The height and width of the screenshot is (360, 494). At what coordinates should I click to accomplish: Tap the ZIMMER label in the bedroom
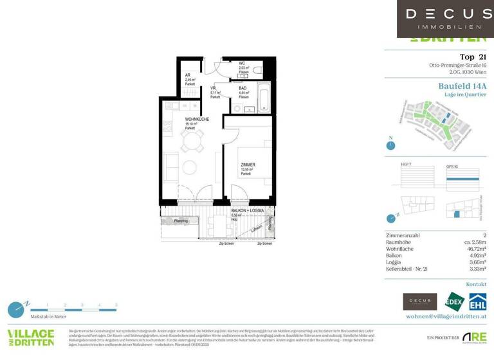coord(248,165)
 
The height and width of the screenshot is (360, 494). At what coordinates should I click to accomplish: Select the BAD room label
coord(242,88)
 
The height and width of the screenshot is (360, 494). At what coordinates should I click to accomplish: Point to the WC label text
coord(242,62)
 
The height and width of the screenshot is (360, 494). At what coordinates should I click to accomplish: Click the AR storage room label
coord(188,75)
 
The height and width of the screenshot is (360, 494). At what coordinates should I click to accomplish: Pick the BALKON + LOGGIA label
coord(246,211)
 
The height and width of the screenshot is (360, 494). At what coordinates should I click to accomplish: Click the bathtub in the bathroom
coord(264,97)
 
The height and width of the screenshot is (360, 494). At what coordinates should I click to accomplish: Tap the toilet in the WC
coord(257,69)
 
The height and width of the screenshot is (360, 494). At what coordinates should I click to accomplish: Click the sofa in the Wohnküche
coord(172,168)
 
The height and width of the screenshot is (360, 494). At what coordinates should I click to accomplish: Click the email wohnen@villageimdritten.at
coord(445,316)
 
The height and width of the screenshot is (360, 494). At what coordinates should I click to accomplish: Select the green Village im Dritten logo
coord(30,339)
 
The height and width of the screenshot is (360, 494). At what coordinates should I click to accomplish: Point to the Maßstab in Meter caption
coord(48,317)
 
